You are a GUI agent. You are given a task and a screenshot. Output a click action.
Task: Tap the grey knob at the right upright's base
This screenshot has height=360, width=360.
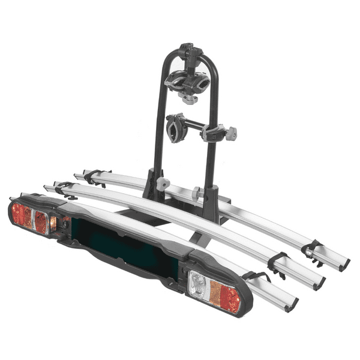tap(197, 193)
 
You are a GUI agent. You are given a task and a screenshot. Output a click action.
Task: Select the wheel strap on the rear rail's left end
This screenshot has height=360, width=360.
tap(92, 176)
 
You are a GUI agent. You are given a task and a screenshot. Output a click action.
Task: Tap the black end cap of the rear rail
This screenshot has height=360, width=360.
tap(344, 265)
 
